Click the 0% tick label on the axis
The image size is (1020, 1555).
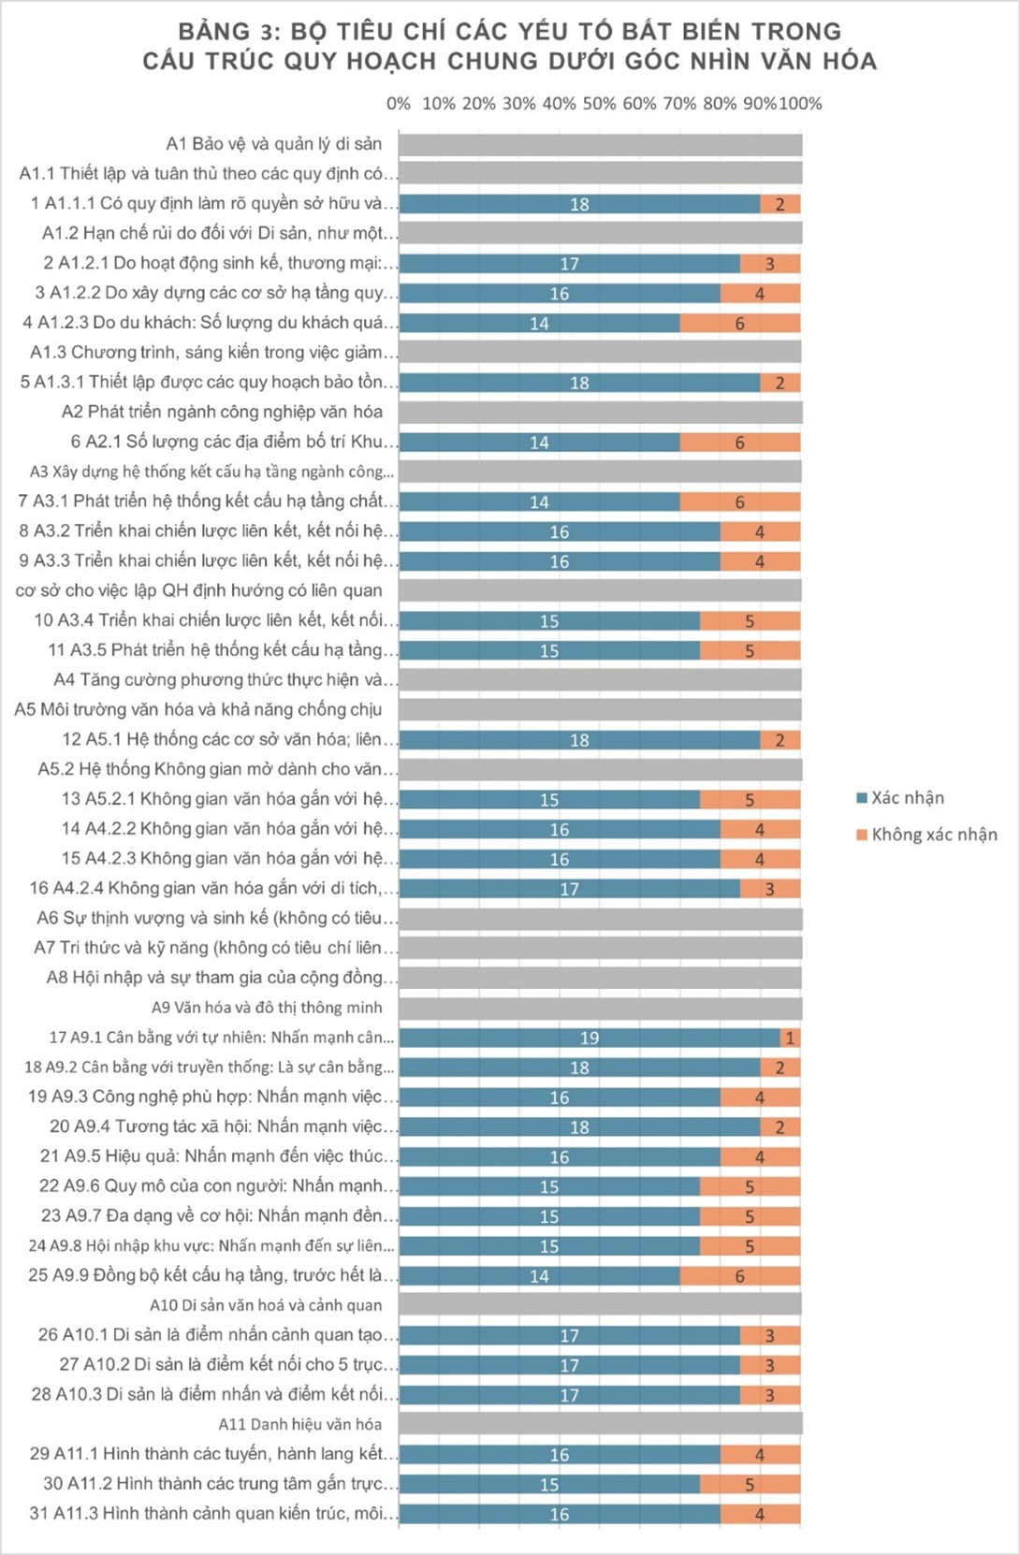pyautogui.click(x=399, y=104)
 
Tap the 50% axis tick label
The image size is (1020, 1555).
pyautogui.click(x=599, y=104)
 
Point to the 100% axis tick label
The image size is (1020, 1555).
pyautogui.click(x=801, y=104)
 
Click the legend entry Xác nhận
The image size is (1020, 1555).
pyautogui.click(x=907, y=798)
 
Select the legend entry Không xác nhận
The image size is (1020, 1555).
pyautogui.click(x=933, y=835)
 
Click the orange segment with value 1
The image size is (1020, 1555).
pyautogui.click(x=790, y=1038)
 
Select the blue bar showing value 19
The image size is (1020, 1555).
pyautogui.click(x=590, y=1038)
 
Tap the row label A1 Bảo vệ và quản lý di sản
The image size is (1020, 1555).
pyautogui.click(x=274, y=144)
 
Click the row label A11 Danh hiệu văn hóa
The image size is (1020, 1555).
pyautogui.click(x=300, y=1424)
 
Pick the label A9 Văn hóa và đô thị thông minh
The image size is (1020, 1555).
pyautogui.click(x=267, y=1008)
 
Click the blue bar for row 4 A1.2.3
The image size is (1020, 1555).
pyautogui.click(x=539, y=324)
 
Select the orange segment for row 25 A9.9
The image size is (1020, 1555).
pyautogui.click(x=739, y=1276)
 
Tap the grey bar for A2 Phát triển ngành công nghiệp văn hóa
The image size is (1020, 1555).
pyautogui.click(x=600, y=413)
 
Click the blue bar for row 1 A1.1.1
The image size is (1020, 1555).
pyautogui.click(x=579, y=204)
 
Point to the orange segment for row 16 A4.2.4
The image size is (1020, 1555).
pyautogui.click(x=769, y=889)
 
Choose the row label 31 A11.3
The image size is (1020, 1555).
pyautogui.click(x=214, y=1514)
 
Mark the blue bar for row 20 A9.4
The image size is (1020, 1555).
pyautogui.click(x=579, y=1127)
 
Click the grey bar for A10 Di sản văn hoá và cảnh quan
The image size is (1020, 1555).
pyautogui.click(x=600, y=1305)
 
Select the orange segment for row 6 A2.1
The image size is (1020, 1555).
pyautogui.click(x=739, y=443)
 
